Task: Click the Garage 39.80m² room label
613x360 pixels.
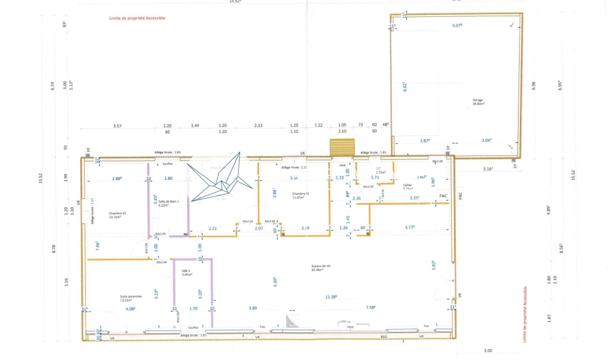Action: click(x=478, y=102)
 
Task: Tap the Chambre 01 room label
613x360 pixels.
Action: click(x=117, y=215)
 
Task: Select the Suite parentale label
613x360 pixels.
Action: click(x=131, y=298)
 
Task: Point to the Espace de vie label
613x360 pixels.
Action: click(x=321, y=268)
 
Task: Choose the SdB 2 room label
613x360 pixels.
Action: click(x=187, y=273)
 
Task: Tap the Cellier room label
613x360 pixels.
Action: click(x=408, y=186)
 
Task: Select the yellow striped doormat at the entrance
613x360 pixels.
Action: click(x=342, y=147)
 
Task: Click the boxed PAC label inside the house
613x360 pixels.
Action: click(x=443, y=196)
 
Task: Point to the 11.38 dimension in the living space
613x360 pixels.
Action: click(x=331, y=297)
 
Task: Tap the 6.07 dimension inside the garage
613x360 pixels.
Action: click(x=457, y=26)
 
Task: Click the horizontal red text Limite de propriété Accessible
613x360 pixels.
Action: click(x=137, y=18)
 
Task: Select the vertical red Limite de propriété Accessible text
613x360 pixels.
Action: click(x=525, y=314)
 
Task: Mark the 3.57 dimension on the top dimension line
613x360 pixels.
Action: click(x=117, y=126)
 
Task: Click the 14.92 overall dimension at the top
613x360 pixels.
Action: click(x=235, y=2)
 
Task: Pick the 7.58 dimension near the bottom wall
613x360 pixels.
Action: click(x=370, y=307)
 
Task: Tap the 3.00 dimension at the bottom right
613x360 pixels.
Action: click(x=488, y=351)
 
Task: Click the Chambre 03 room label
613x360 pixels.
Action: click(x=300, y=195)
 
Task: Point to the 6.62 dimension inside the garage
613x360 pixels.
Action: click(x=405, y=87)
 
